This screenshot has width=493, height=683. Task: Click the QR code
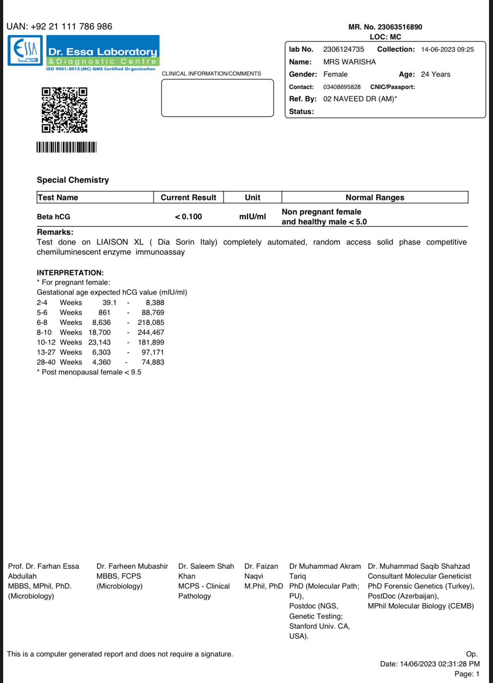point(64,110)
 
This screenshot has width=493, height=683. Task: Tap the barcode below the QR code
point(66,147)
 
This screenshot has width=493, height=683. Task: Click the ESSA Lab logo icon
point(25,50)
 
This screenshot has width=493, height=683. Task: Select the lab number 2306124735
point(343,49)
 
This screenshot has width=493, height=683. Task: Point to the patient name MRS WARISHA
point(349,62)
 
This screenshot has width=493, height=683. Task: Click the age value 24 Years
point(435,74)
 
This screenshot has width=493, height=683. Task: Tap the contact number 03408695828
point(342,87)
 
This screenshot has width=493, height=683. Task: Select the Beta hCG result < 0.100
point(189,217)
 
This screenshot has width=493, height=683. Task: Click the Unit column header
point(252,197)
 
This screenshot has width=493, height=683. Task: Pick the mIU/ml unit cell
point(252,217)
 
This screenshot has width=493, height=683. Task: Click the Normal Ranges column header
point(375,197)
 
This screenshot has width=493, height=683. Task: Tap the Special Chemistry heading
point(73,180)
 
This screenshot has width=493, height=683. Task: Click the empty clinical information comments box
point(218,98)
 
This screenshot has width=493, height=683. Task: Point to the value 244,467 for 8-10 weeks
point(151,332)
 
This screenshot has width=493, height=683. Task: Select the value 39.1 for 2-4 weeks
point(110,303)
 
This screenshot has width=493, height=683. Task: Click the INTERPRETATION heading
point(70,273)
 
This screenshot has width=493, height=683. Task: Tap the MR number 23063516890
point(400,27)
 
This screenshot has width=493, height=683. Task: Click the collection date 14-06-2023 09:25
point(447,50)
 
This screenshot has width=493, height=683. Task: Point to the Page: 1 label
point(467,674)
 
